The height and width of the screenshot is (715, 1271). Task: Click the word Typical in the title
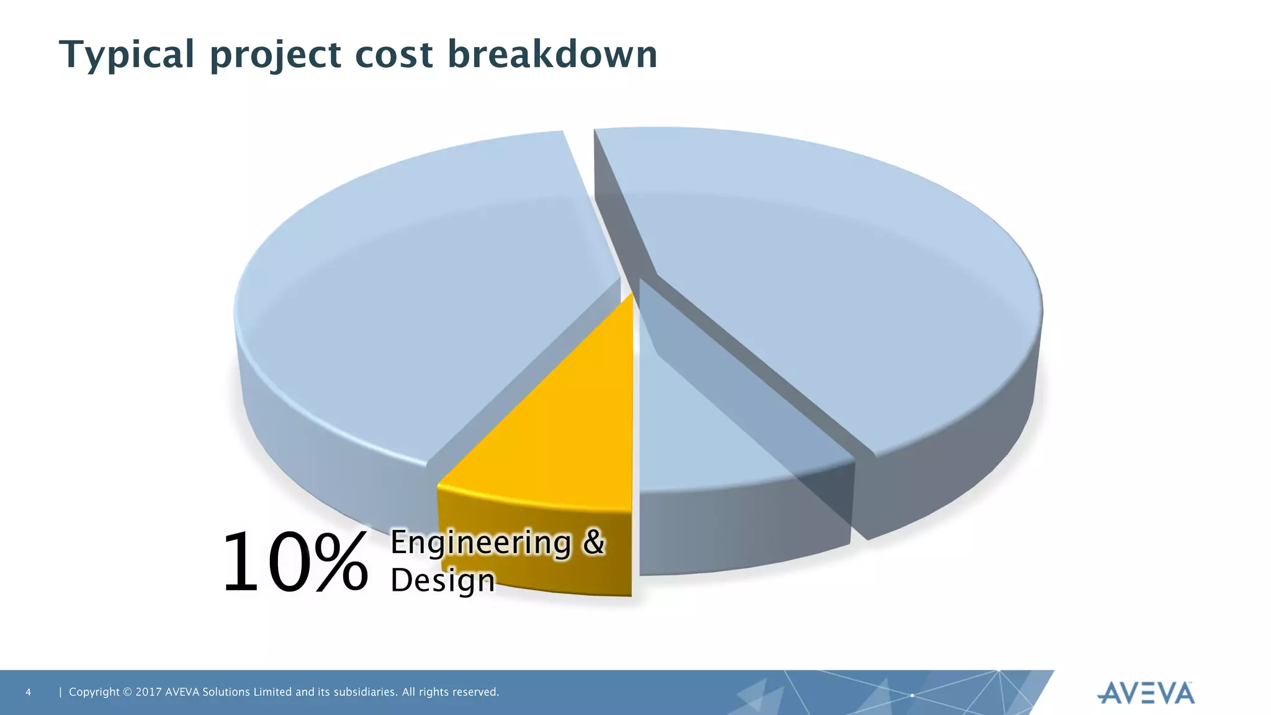pos(127,55)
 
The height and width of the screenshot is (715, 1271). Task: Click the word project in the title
pos(274,55)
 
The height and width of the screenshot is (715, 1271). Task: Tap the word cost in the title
pos(393,55)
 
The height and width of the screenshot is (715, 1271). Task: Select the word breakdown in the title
pos(552,55)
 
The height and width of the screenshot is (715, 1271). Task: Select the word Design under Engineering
pos(442,580)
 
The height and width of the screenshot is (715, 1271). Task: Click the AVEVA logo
pos(1146,693)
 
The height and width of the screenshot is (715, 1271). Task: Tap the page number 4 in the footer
pos(28,692)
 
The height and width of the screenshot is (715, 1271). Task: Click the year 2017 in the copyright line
pos(148,692)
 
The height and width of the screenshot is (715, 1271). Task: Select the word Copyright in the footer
pos(94,692)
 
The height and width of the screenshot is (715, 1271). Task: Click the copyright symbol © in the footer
pos(128,692)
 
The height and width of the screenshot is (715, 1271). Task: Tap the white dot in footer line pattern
pos(912,696)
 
